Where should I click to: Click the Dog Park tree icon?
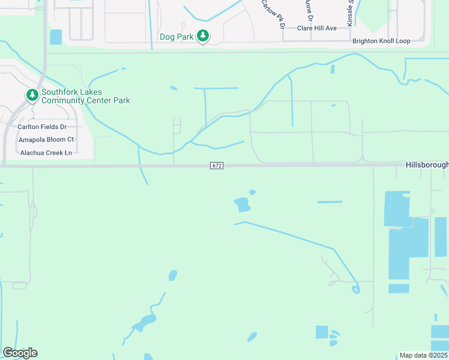pos(203,36)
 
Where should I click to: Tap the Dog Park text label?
pos(176,37)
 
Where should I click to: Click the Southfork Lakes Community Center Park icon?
pos(32,95)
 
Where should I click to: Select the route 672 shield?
pos(217,165)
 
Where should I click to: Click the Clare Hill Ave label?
pos(317,28)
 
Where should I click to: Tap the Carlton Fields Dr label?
pos(42,127)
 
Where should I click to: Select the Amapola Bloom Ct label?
pos(46,139)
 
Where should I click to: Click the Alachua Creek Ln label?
pos(46,153)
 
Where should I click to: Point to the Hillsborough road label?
pos(426,164)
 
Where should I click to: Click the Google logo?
pos(20,353)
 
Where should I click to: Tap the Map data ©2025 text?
pos(423,355)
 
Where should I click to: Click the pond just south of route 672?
pos(243,205)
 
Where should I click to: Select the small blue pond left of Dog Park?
pos(56,37)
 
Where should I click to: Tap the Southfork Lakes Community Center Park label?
pos(85,96)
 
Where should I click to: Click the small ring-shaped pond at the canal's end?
pos(356,290)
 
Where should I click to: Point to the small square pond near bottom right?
pos(322,332)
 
